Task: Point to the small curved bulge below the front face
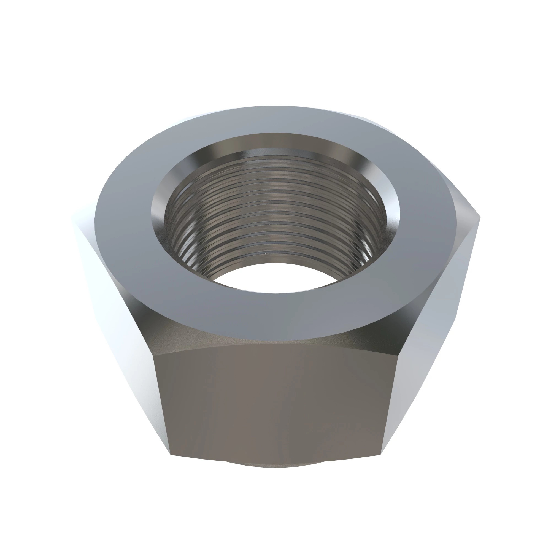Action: tap(275, 463)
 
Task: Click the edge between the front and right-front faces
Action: tap(390, 405)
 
